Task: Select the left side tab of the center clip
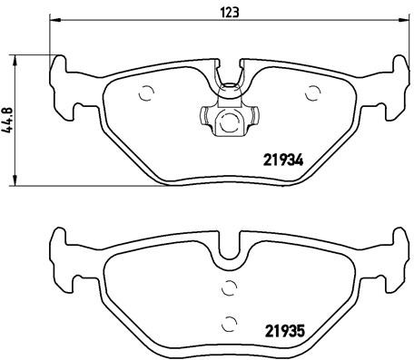(x=203, y=116)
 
